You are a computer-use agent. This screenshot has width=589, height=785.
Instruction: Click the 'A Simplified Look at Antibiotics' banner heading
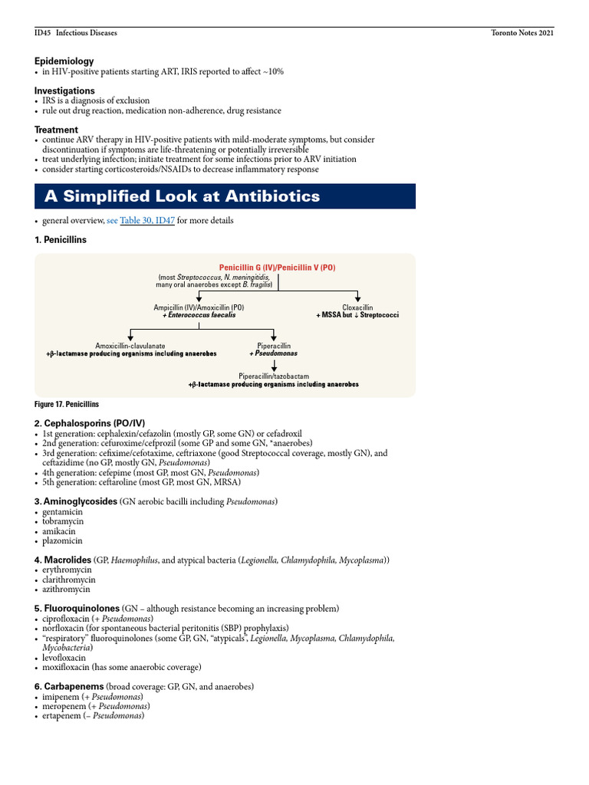182,196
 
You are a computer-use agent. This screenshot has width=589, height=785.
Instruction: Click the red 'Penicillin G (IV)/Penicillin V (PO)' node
277,268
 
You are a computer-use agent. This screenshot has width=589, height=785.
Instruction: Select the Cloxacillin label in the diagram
357,307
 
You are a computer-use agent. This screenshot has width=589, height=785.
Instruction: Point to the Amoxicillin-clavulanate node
130,346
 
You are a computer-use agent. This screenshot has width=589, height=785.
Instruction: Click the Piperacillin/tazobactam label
274,376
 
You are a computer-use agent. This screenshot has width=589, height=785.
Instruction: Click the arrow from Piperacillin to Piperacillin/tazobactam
274,365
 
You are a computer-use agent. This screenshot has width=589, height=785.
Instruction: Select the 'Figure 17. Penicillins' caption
67,404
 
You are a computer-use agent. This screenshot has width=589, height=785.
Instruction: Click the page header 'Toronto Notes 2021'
522,34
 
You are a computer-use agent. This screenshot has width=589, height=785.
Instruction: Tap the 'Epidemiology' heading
64,61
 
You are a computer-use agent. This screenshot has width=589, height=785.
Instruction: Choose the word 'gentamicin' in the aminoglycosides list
64,511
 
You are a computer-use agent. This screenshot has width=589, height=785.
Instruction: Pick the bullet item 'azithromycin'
66,590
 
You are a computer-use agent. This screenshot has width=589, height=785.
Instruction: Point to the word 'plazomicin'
64,540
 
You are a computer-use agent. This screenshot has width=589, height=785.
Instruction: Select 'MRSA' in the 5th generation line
227,482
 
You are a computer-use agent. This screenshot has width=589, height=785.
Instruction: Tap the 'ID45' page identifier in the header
42,34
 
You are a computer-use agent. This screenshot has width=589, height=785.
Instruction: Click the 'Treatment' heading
56,130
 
